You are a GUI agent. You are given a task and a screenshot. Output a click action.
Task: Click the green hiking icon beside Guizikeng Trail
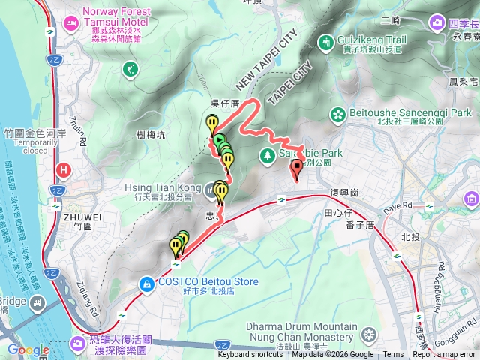pyautogui.click(x=326, y=43)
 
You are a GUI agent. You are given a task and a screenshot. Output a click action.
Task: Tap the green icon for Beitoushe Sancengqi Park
pyautogui.click(x=338, y=115)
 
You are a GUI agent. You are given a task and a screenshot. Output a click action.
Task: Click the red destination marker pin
pyautogui.click(x=297, y=168)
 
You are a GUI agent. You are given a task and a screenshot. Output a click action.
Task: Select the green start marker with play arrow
pyautogui.click(x=219, y=140)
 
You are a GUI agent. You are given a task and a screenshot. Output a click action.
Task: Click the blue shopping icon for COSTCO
pyautogui.click(x=147, y=283)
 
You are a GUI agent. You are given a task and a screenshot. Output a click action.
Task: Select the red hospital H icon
pyautogui.click(x=64, y=170)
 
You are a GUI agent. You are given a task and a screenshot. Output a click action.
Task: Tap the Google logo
pyautogui.click(x=28, y=349)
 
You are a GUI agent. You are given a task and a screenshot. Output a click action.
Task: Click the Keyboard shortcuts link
pyautogui.click(x=250, y=355)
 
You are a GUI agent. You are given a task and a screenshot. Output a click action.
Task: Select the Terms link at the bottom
pyautogui.click(x=393, y=355)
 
